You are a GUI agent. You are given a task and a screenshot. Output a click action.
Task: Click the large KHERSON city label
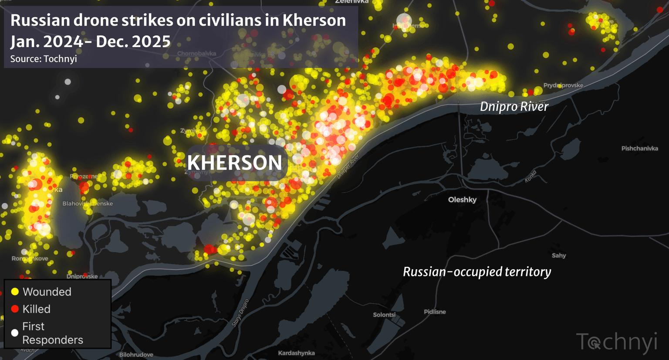pos(235,163)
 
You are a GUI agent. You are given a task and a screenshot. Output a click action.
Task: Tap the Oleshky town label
pos(462,200)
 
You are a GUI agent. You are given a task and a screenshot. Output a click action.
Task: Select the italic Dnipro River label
pos(514,106)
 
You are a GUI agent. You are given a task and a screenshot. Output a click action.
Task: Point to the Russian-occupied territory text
pos(477,272)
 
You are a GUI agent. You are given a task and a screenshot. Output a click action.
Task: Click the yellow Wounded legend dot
pos(15,292)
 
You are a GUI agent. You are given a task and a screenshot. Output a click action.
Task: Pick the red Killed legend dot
pos(15,309)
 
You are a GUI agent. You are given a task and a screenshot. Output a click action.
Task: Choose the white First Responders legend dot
pos(15,333)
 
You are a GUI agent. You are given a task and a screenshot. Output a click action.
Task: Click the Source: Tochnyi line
pos(44,59)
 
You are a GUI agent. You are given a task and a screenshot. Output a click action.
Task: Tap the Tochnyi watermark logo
pos(616,342)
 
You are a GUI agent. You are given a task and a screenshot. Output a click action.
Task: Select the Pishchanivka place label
pos(639,149)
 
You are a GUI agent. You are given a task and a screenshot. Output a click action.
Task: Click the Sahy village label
pos(559,255)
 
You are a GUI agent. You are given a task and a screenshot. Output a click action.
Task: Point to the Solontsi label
pos(384,315)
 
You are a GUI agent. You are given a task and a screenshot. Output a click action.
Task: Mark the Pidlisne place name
pos(435,312)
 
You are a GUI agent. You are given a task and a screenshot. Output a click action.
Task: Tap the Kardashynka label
pos(296,353)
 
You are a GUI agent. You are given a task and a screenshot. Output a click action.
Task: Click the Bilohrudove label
pos(136,355)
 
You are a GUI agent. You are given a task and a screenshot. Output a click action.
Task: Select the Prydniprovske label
pos(563,85)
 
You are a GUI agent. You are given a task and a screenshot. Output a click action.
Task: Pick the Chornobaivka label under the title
pos(196,54)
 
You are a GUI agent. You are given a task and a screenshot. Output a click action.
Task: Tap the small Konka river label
pos(530,176)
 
